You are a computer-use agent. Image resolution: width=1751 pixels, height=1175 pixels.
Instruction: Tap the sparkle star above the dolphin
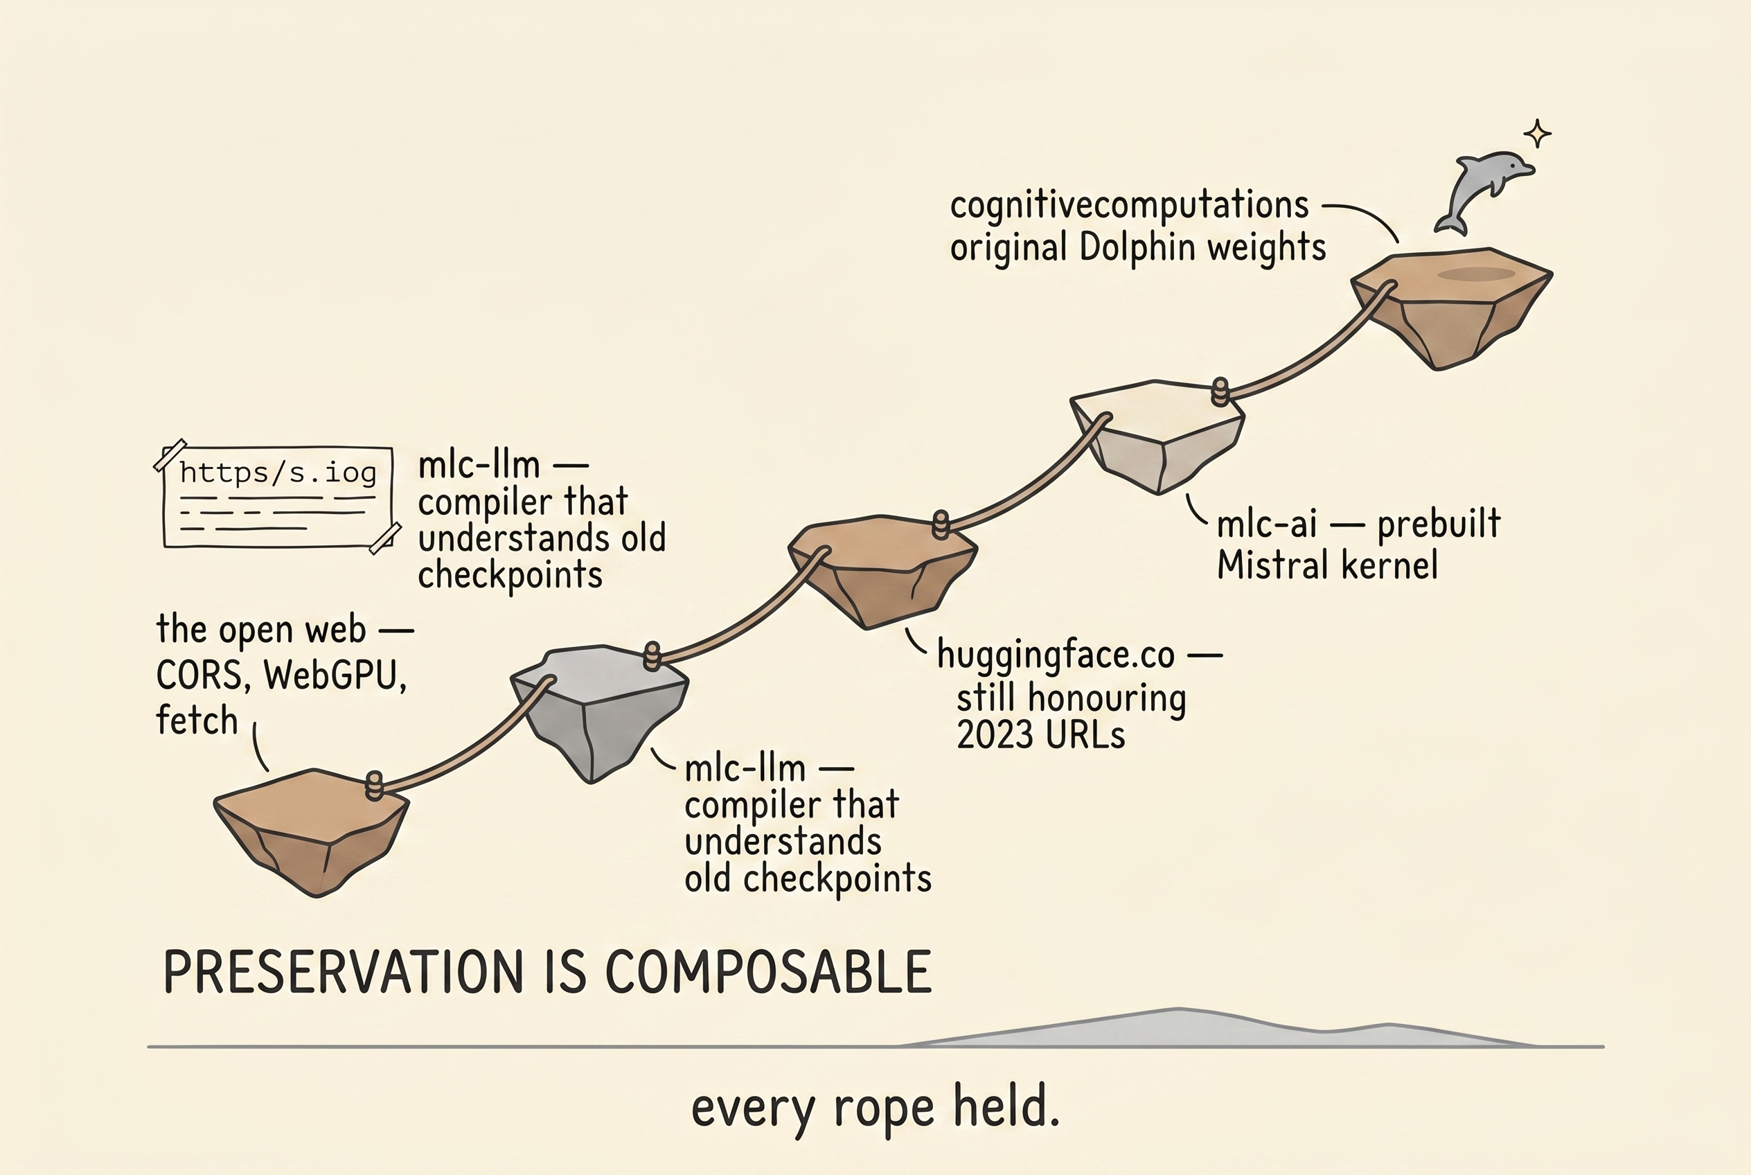click(1538, 134)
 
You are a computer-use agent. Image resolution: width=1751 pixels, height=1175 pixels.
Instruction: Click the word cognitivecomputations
click(1128, 205)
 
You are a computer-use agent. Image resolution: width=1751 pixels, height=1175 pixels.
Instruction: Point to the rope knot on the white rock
click(1220, 391)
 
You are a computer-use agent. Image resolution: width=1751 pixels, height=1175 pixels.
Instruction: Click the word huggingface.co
click(1055, 655)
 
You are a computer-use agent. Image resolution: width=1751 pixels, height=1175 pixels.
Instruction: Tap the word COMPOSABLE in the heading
click(767, 973)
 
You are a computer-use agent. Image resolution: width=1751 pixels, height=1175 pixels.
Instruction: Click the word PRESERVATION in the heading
click(342, 973)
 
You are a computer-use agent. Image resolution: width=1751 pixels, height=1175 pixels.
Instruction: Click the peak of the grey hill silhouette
click(1177, 1011)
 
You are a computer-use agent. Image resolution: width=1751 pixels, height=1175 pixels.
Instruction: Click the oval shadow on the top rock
click(1475, 274)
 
